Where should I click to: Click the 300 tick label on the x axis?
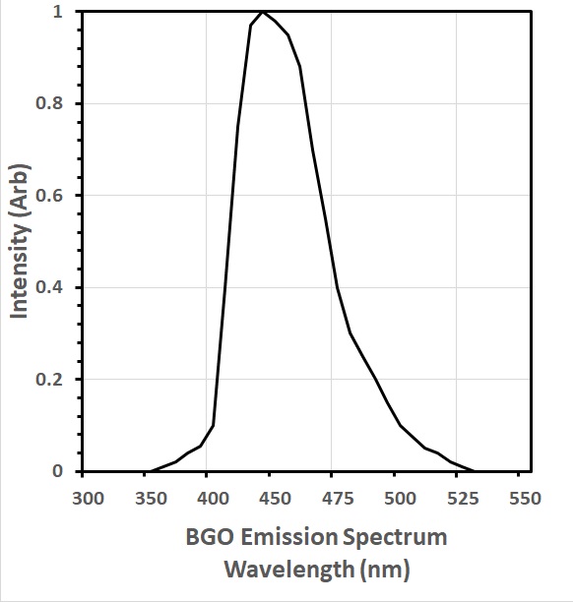click(88, 499)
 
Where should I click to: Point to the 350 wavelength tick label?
click(150, 499)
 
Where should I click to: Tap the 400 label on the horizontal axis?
click(212, 499)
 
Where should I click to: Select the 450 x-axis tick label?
click(275, 499)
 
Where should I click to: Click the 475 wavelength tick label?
click(337, 499)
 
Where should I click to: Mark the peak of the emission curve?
click(263, 12)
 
